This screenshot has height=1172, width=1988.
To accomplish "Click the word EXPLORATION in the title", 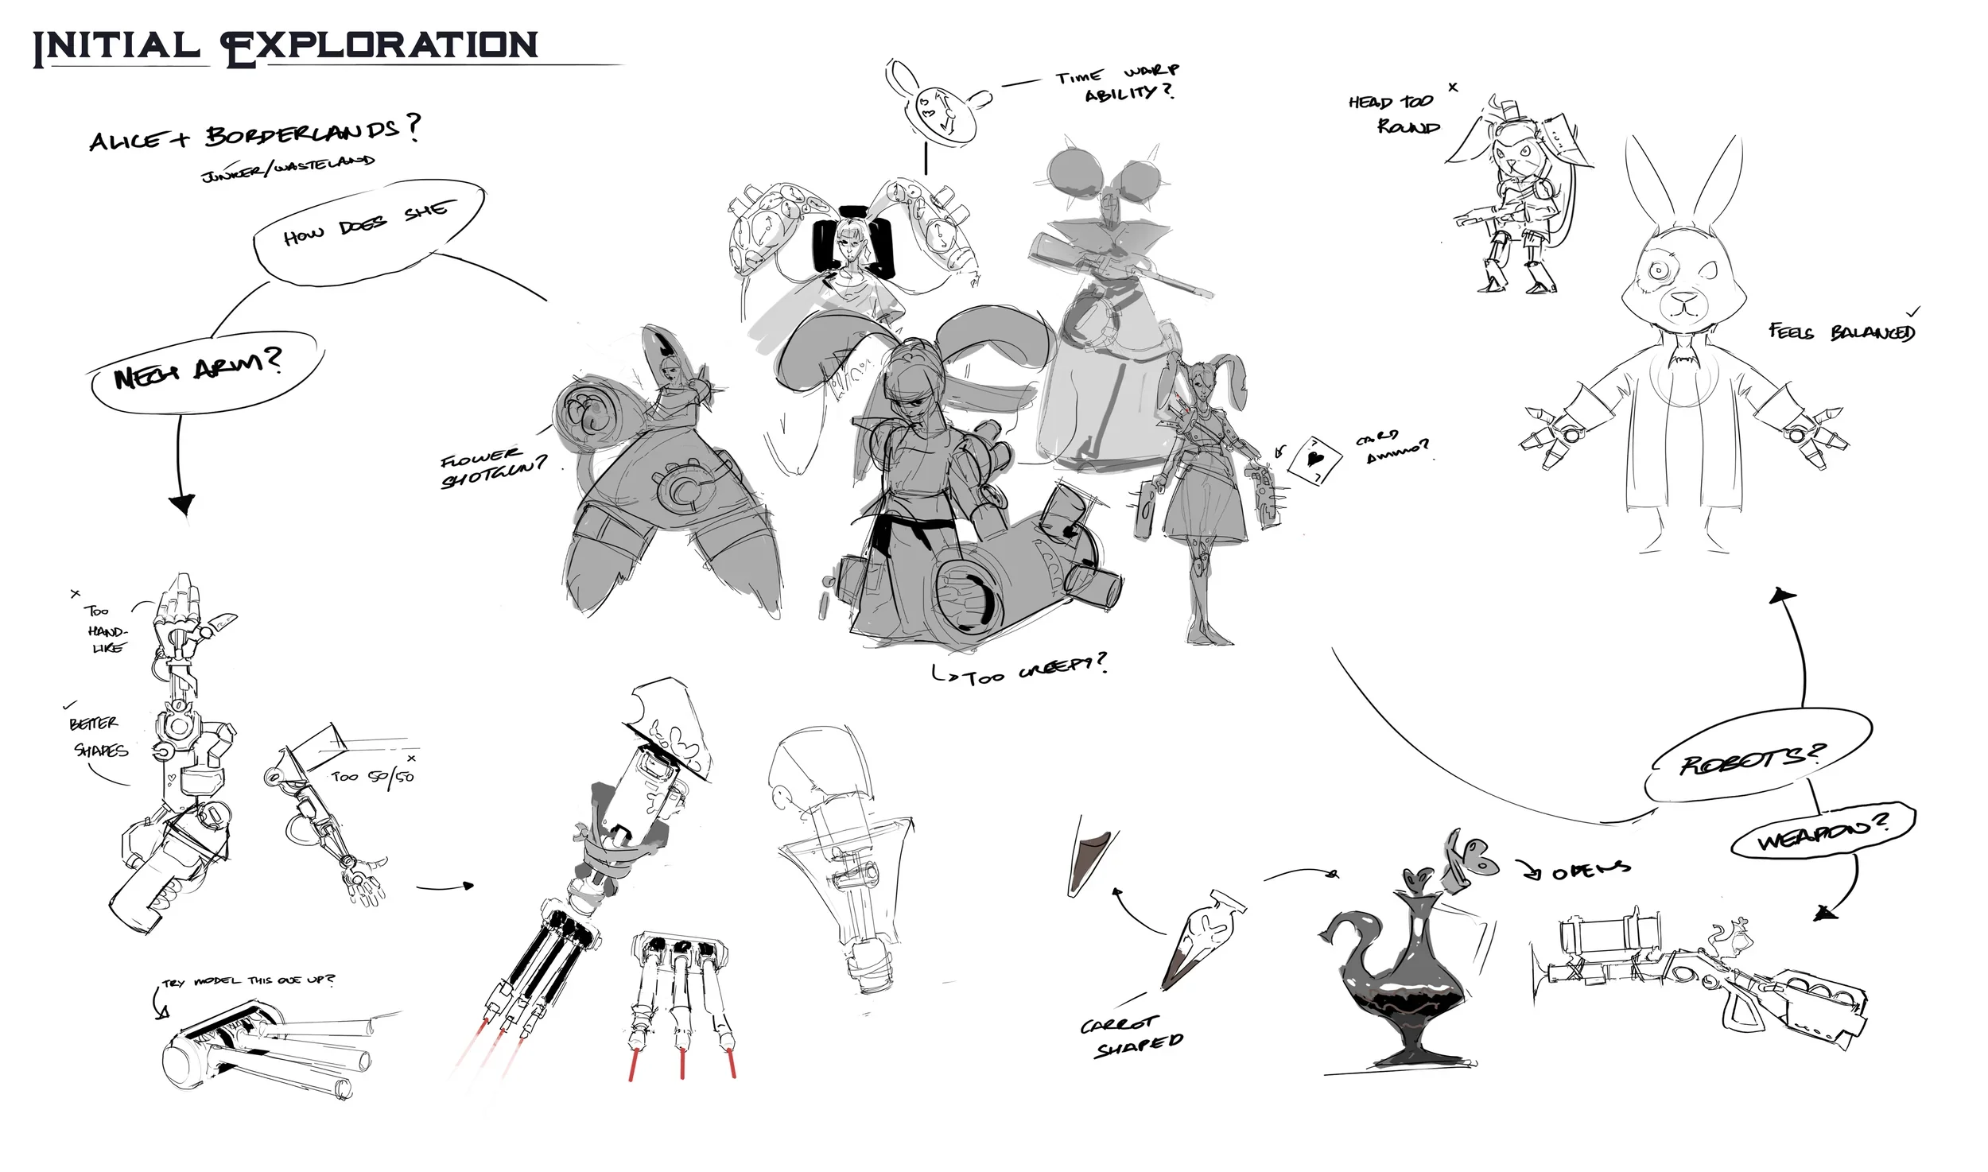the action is tap(380, 46).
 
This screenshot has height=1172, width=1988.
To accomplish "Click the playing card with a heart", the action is tap(1314, 460).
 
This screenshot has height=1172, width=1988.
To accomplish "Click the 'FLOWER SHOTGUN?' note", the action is tap(493, 469).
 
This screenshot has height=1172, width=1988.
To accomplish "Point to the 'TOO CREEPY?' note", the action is tap(1022, 669).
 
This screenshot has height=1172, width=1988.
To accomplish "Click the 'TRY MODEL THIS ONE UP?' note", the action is tap(247, 981).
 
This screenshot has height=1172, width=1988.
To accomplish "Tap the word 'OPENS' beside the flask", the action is tap(1590, 871).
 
